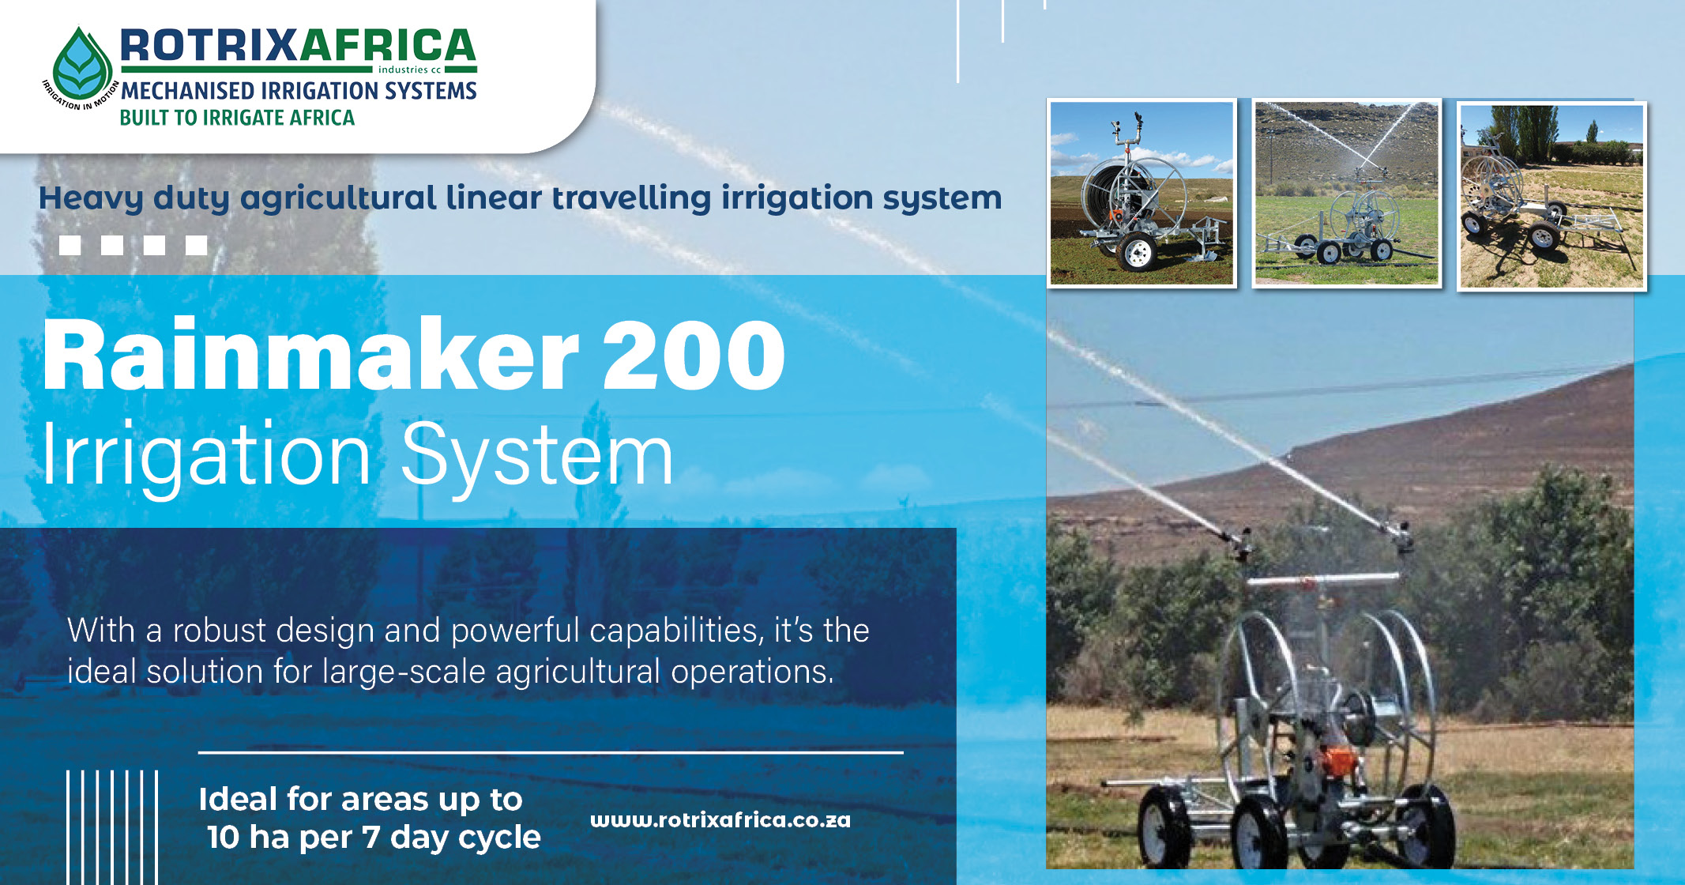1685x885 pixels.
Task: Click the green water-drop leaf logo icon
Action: pyautogui.click(x=81, y=64)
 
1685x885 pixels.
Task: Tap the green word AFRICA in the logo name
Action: pyautogui.click(x=387, y=46)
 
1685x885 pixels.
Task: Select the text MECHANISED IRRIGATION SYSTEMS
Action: pyautogui.click(x=299, y=91)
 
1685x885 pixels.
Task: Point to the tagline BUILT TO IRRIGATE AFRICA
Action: pyautogui.click(x=237, y=118)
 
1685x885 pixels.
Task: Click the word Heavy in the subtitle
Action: pyautogui.click(x=91, y=198)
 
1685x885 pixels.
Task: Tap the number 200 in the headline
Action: pyautogui.click(x=694, y=356)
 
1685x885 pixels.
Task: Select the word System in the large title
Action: pyautogui.click(x=537, y=456)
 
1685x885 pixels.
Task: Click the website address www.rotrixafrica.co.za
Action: pyautogui.click(x=720, y=820)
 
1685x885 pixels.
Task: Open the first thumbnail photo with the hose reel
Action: pyautogui.click(x=1142, y=193)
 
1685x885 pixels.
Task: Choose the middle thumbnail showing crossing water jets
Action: pyautogui.click(x=1347, y=193)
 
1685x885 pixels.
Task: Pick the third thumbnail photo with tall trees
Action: pyautogui.click(x=1551, y=196)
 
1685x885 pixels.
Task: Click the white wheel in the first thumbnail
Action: pyautogui.click(x=1138, y=253)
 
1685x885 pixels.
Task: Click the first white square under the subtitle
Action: pyautogui.click(x=70, y=245)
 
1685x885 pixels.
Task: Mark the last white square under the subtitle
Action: pyautogui.click(x=197, y=245)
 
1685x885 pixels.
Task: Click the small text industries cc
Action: pyautogui.click(x=409, y=70)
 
